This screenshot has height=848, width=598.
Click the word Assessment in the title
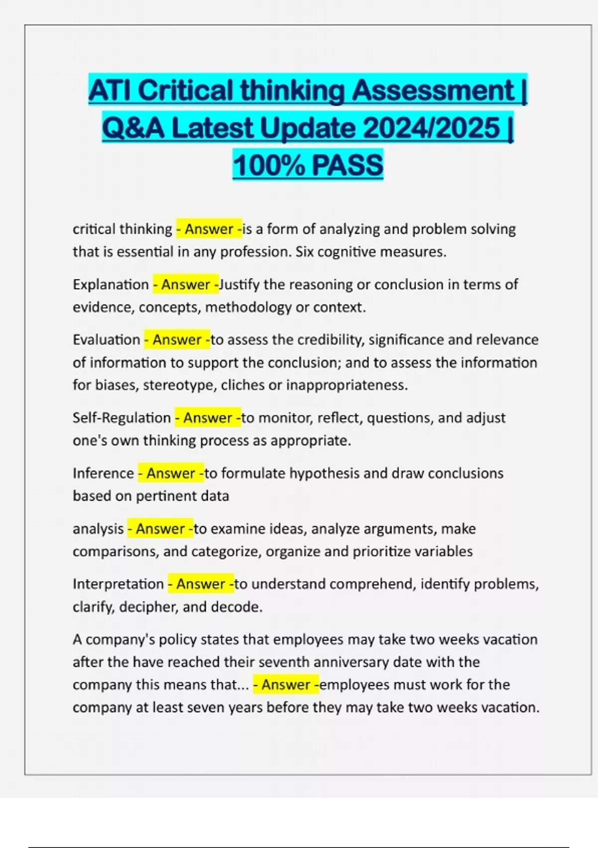433,90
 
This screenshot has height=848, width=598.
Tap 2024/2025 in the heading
432,128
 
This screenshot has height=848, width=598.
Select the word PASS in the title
347,165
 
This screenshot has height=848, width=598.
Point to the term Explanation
111,284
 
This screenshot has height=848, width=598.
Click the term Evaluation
106,340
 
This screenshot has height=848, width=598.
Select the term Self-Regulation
122,418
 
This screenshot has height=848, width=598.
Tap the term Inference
103,473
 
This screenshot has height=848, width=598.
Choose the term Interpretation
118,584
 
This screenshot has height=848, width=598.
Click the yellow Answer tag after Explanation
185,284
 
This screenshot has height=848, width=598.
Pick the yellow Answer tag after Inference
170,473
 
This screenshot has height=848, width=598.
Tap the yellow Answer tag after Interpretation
200,584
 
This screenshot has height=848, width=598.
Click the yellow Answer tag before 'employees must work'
286,684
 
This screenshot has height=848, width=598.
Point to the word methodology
248,307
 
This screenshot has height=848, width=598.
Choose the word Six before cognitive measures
304,252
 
